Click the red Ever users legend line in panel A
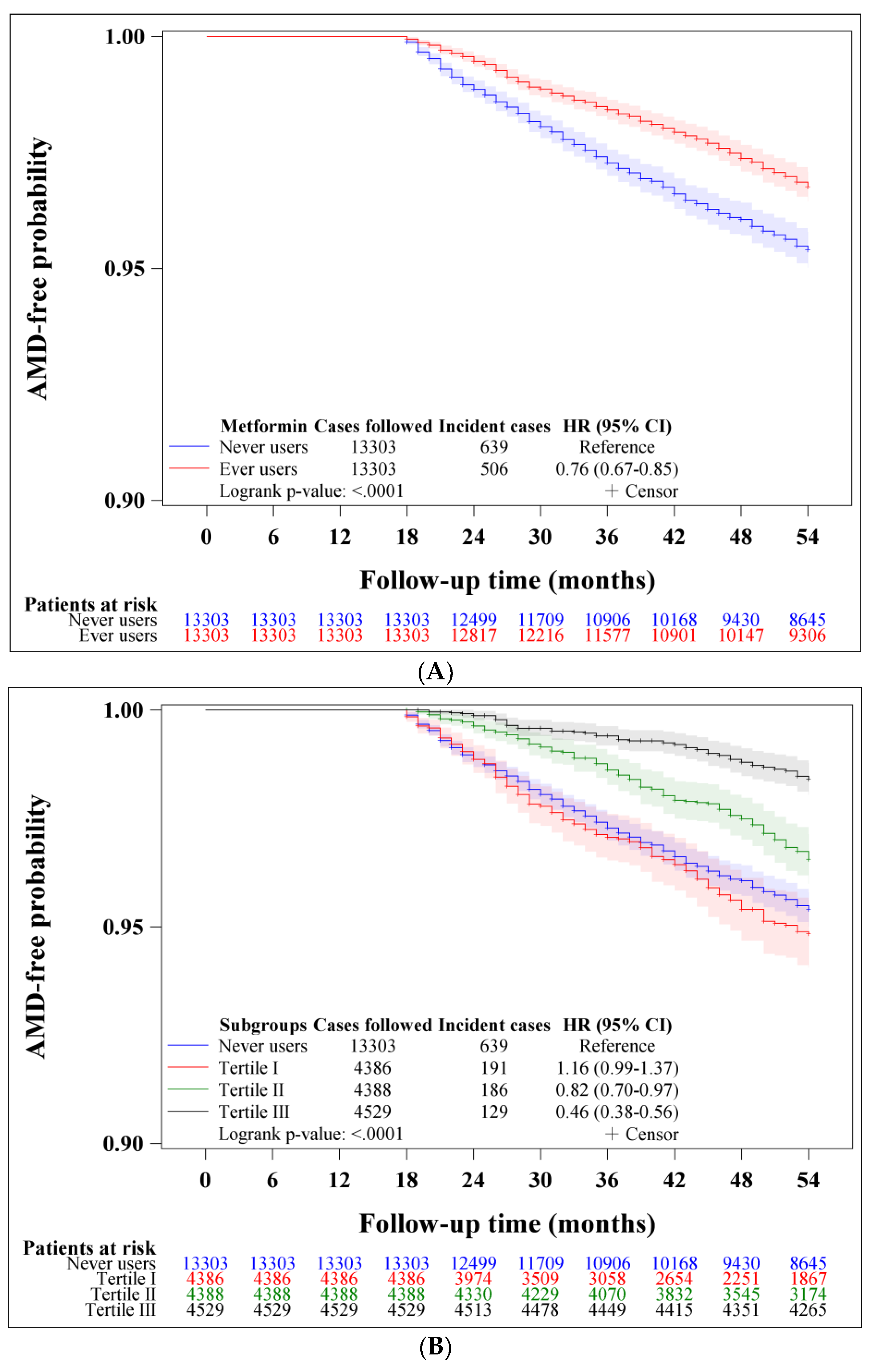pyautogui.click(x=189, y=468)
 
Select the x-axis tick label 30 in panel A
pyautogui.click(x=540, y=537)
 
